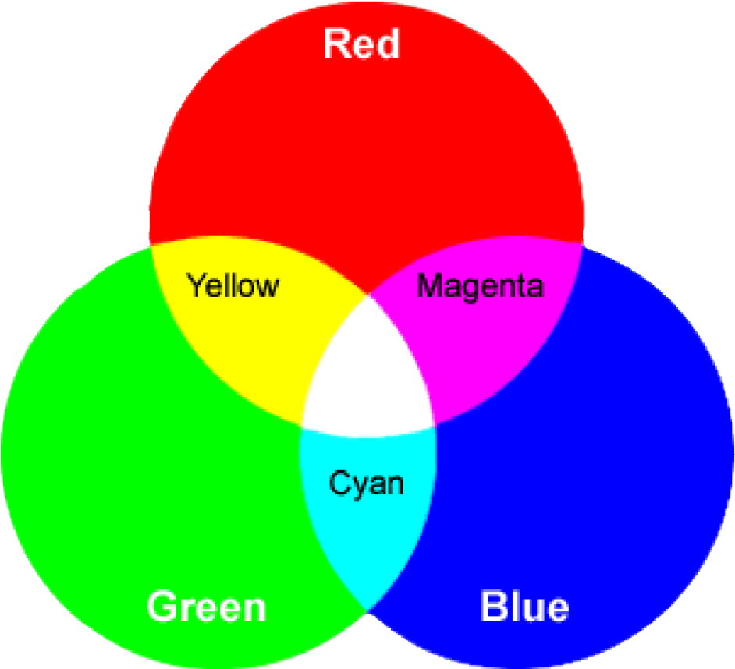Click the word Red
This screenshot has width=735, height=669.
point(361,44)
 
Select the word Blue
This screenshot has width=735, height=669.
point(524,606)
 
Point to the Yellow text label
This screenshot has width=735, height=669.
point(233,285)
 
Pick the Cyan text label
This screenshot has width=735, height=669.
point(366,483)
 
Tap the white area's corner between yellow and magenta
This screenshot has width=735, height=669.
point(367,296)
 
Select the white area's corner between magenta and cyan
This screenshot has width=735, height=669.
point(435,426)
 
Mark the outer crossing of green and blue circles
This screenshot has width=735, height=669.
point(367,609)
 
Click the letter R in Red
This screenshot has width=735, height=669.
point(337,44)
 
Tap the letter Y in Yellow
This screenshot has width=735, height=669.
point(196,285)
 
